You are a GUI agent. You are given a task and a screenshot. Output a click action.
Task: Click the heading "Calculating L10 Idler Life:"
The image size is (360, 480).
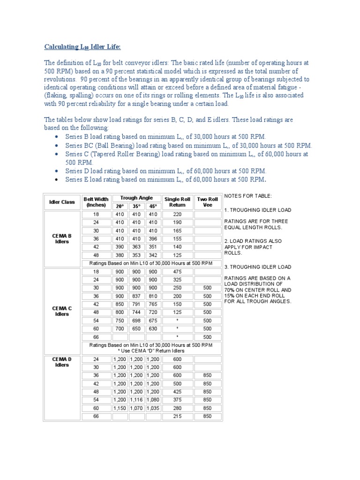click(82, 46)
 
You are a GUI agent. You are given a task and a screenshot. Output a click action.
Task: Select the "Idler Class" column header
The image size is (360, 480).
click(62, 202)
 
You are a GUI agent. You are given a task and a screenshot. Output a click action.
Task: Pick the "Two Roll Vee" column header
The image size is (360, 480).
click(208, 202)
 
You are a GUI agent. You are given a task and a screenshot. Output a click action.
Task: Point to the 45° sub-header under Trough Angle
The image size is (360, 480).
click(153, 206)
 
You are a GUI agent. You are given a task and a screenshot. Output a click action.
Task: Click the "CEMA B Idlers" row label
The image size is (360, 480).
click(62, 239)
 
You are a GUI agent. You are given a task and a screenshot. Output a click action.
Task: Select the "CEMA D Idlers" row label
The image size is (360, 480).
click(62, 362)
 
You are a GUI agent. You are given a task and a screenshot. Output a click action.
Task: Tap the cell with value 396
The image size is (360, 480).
click(153, 238)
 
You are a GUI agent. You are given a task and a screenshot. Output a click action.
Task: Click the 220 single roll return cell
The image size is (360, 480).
click(177, 214)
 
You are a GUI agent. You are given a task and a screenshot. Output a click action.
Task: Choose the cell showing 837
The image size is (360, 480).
click(136, 296)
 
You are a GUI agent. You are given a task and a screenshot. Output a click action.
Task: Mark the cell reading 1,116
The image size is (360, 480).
click(136, 400)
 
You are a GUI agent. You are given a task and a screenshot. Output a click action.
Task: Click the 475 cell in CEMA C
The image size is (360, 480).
click(177, 271)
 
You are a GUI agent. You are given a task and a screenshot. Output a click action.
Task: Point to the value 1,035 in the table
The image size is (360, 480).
click(153, 408)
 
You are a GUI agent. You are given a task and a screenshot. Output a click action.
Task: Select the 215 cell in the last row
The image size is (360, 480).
click(177, 416)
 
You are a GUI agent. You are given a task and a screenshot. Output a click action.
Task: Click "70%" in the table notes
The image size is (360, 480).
click(231, 290)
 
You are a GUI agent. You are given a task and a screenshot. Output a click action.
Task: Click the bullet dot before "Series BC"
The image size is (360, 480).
click(56, 145)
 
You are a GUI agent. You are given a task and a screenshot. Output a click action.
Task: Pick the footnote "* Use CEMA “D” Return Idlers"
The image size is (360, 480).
click(151, 351)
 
